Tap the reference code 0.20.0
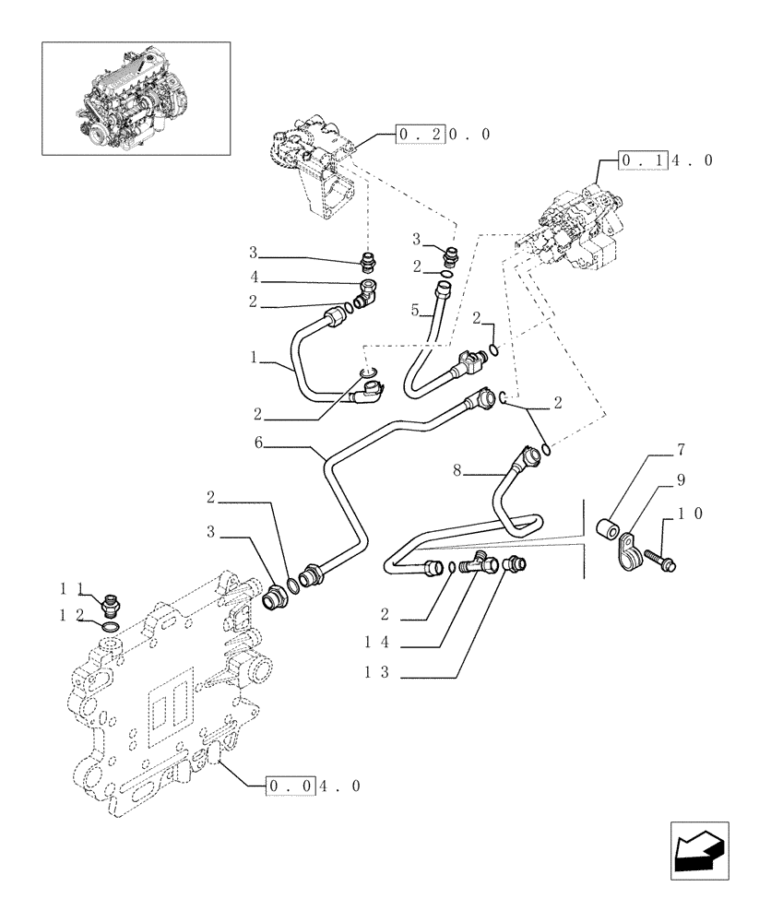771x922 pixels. point(443,135)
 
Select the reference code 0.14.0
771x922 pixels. point(667,160)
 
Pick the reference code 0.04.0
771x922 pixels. point(313,786)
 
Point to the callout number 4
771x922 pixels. point(254,277)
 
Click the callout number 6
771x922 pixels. point(259,443)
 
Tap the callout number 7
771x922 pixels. point(680,451)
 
